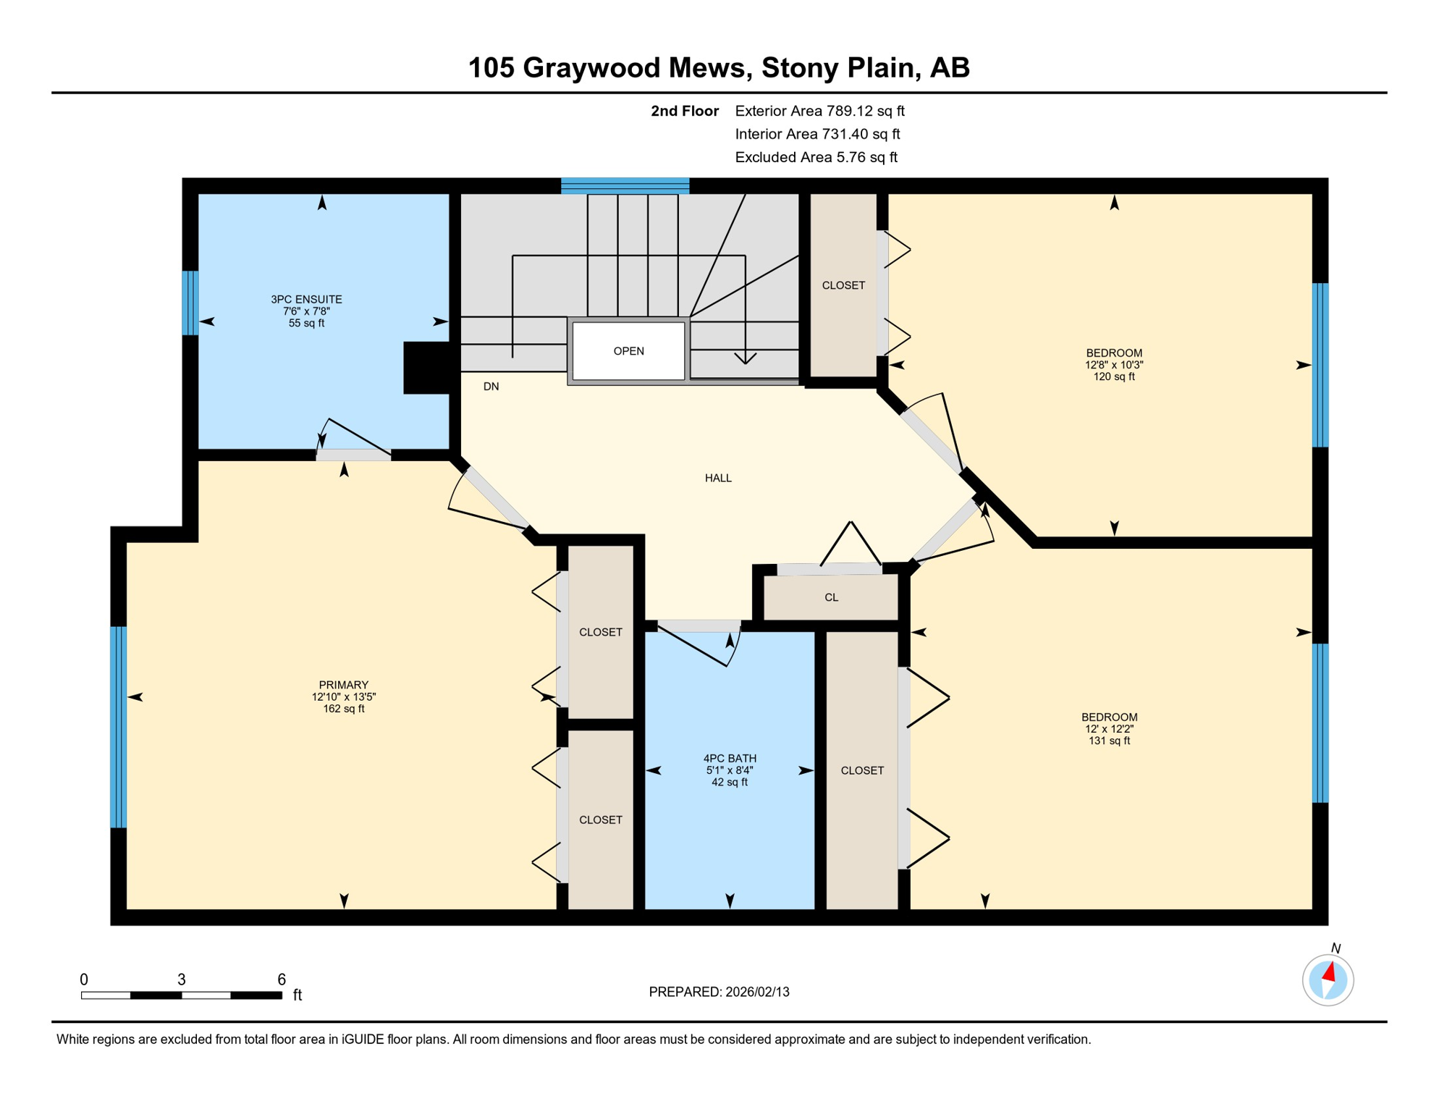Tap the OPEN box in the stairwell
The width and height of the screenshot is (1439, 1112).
click(628, 351)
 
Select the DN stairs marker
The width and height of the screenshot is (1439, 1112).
click(491, 387)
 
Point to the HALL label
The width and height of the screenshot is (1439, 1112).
click(718, 478)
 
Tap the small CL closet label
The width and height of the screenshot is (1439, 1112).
click(831, 597)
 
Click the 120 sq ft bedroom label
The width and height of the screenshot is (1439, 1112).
click(1113, 365)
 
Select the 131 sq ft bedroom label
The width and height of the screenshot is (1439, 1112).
click(1109, 729)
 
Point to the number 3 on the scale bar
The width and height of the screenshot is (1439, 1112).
click(182, 980)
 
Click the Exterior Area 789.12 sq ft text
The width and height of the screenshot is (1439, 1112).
click(819, 111)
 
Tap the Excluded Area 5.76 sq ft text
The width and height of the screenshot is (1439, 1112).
click(816, 157)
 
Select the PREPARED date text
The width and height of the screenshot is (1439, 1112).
click(719, 992)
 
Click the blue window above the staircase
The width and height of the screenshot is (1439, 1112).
click(625, 185)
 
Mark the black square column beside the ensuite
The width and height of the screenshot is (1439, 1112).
click(427, 368)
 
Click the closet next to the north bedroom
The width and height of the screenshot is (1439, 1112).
click(843, 285)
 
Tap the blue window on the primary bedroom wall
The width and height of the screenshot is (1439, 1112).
click(118, 726)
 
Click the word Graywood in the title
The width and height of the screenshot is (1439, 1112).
click(633, 67)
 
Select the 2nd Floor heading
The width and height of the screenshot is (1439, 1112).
click(684, 111)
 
